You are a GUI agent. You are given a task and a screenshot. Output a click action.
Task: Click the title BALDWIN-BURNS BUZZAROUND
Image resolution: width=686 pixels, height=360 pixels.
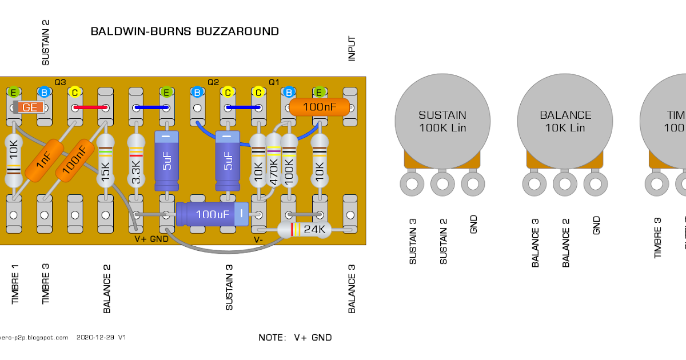coord(185,31)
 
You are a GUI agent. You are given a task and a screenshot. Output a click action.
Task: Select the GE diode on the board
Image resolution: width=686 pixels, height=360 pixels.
coord(29,107)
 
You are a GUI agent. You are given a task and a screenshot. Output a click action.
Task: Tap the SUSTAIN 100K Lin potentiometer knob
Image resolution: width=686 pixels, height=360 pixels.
coord(442,121)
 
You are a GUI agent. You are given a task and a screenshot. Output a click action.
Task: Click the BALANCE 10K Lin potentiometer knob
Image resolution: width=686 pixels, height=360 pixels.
coord(565,121)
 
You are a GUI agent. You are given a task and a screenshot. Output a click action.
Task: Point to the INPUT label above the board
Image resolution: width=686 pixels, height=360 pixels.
coord(352,49)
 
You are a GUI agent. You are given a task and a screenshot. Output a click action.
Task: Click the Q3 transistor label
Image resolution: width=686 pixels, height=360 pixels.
coord(60,82)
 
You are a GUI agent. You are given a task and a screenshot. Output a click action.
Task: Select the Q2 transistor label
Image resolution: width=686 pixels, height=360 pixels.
coord(213,82)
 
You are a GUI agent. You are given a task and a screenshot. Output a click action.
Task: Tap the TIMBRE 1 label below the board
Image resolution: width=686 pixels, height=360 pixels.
coord(15,287)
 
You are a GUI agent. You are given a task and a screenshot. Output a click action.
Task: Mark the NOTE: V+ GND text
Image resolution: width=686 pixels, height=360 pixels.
coord(295,338)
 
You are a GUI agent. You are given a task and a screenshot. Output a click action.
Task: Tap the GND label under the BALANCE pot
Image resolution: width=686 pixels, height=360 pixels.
coord(597,225)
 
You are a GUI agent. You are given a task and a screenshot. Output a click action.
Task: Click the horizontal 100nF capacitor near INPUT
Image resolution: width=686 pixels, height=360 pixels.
coord(318,107)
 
